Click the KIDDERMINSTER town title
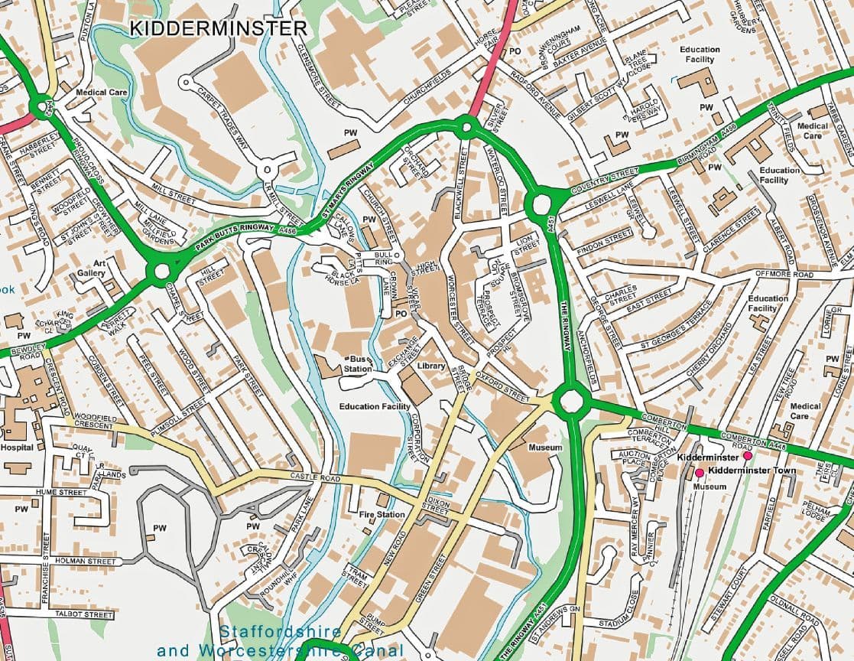[x=218, y=29]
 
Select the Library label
[x=431, y=366]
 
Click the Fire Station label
[x=382, y=515]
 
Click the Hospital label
[x=17, y=448]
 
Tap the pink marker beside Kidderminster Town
[x=699, y=473]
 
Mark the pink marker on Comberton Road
[x=748, y=455]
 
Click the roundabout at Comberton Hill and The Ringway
[x=570, y=401]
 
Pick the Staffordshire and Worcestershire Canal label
[x=280, y=642]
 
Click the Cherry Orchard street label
[x=704, y=357]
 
